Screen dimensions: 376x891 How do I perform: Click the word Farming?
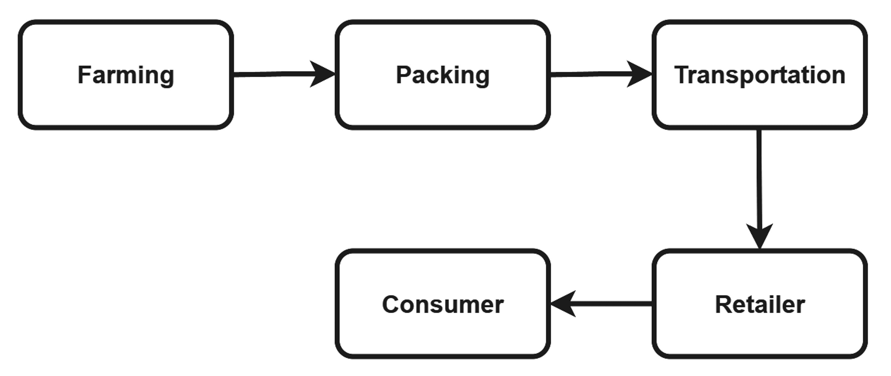(126, 75)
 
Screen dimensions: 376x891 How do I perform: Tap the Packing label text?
(443, 75)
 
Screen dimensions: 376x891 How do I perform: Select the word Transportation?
(759, 75)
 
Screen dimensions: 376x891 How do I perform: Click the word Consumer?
(443, 304)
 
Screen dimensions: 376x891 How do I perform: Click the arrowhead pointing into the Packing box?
(323, 74)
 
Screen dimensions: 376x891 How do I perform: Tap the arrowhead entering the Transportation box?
(640, 74)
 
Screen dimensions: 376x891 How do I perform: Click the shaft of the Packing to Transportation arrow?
(588, 74)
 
